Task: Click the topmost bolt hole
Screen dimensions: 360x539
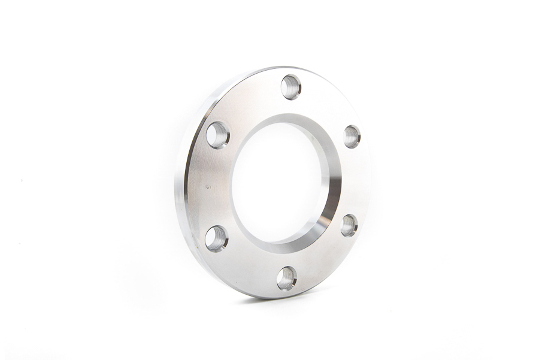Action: (291, 87)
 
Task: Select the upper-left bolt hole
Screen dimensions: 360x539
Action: (217, 135)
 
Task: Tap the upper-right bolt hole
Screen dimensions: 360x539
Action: (352, 137)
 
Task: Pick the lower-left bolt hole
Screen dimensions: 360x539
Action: (216, 238)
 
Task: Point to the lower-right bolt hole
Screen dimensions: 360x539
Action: (349, 225)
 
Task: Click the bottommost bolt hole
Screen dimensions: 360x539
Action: (287, 278)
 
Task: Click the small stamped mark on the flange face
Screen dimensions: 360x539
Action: (208, 187)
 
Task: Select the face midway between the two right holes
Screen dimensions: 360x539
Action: (357, 180)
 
